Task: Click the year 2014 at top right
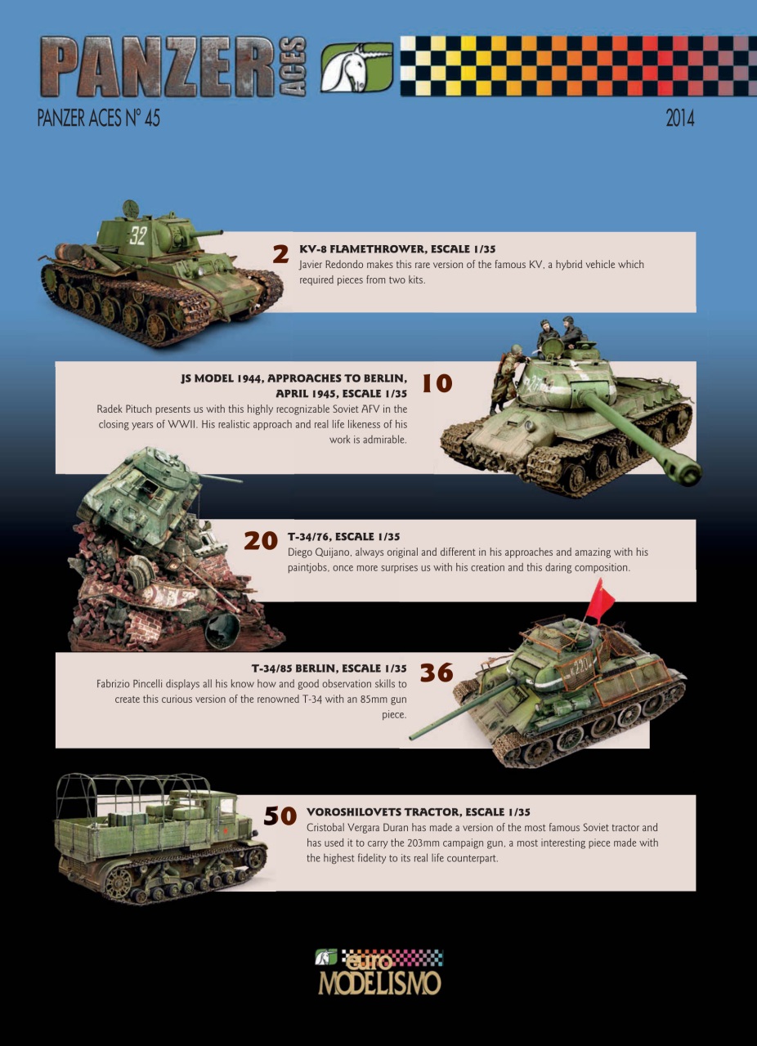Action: (679, 118)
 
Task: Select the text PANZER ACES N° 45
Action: (98, 118)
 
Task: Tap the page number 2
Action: (280, 254)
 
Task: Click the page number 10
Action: (437, 383)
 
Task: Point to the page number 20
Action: (261, 541)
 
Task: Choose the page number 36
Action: (437, 673)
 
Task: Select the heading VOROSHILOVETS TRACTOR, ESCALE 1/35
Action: (418, 812)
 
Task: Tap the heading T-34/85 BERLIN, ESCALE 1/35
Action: (329, 668)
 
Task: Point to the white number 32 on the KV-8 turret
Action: (137, 236)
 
